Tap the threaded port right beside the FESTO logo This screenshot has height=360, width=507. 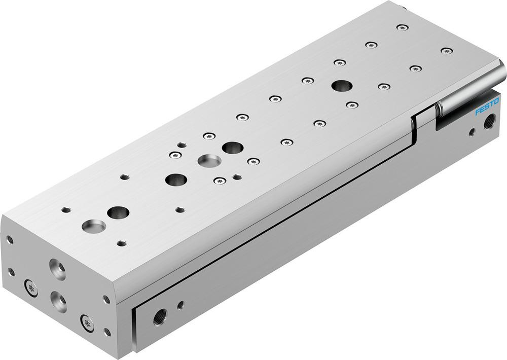coord(489,122)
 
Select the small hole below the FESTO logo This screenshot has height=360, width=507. coord(472,133)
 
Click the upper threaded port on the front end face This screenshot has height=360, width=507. coord(56,268)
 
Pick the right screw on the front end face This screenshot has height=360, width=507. coord(87,322)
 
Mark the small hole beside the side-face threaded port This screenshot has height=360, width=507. coord(180,305)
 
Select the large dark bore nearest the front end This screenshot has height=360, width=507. coord(118,212)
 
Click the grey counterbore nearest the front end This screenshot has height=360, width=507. coord(94,225)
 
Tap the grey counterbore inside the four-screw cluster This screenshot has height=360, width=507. coord(209,161)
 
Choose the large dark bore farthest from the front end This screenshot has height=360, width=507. coord(340,85)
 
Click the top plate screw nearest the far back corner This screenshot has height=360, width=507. coord(402,27)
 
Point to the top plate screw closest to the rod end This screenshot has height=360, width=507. coord(446,51)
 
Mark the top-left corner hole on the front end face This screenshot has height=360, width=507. coord(10,238)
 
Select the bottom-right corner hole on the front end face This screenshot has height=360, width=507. coord(107,333)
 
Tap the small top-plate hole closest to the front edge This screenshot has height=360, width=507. coord(121,243)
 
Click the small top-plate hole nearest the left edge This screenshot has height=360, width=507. coord(66,209)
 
